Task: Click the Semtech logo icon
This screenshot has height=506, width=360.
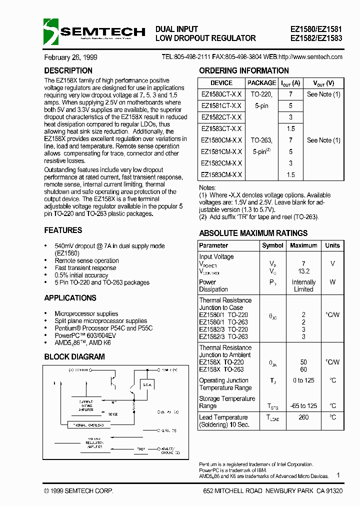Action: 51,31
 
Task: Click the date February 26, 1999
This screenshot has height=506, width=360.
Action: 70,57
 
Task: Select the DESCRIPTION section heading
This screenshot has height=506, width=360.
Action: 68,71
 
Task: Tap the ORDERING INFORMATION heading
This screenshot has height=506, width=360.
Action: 244,71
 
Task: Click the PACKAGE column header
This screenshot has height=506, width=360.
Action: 261,83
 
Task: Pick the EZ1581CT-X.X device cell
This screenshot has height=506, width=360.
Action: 221,105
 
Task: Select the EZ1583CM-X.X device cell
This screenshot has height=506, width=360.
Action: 221,174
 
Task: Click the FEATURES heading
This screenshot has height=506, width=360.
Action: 63,230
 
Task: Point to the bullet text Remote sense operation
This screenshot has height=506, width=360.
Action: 86,260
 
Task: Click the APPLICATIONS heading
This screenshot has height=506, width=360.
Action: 70,298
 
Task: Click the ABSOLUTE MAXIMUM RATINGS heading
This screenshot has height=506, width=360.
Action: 253,233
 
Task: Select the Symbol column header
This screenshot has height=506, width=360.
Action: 272,245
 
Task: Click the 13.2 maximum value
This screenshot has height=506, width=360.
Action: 303,271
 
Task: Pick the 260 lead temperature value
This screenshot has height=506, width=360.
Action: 303,417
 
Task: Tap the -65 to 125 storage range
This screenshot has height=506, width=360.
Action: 303,406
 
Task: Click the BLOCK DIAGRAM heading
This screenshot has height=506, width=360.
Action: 74,357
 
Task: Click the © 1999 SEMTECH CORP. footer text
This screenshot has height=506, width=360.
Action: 78,491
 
